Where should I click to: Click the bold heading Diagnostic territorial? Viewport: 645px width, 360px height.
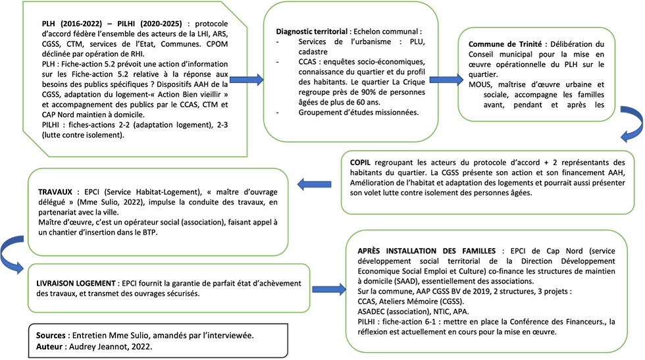pyautogui.click(x=313, y=31)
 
